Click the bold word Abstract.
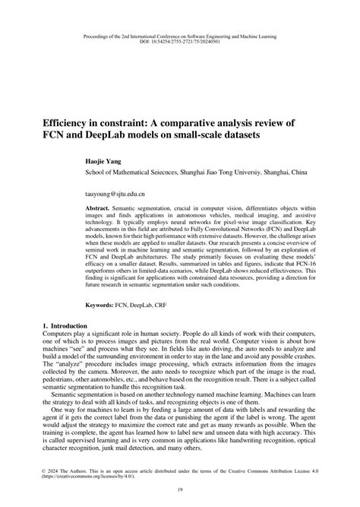click(x=99, y=208)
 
